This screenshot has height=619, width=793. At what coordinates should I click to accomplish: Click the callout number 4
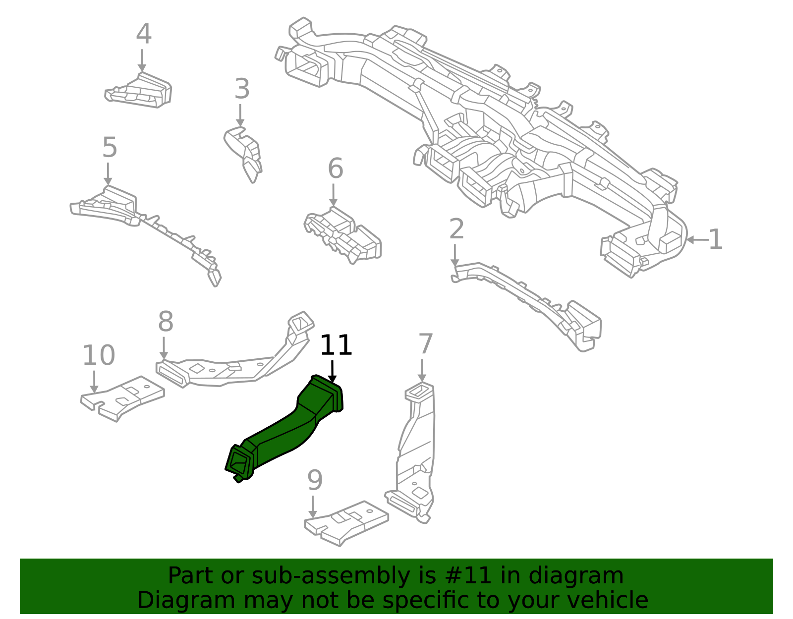tap(143, 35)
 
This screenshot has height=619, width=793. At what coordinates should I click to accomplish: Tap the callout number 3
tap(241, 90)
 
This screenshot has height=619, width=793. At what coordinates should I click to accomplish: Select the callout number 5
tap(110, 148)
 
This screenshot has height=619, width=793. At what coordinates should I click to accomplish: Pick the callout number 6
tap(336, 169)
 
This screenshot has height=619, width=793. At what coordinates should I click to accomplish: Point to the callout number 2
tap(456, 229)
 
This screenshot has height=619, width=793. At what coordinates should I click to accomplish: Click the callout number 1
tap(715, 240)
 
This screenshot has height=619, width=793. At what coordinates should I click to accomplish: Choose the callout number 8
tap(166, 322)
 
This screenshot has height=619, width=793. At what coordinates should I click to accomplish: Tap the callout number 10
tap(98, 356)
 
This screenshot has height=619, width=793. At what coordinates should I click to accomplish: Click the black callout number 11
tap(336, 345)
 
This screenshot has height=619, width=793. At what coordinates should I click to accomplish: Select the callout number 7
tap(426, 344)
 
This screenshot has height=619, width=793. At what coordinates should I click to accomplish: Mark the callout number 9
tap(315, 481)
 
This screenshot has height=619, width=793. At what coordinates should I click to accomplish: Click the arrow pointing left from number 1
tap(696, 240)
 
